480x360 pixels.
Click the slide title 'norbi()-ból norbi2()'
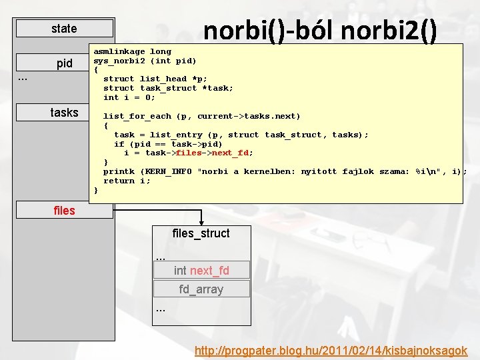pyautogui.click(x=320, y=31)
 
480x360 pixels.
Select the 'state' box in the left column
pyautogui.click(x=65, y=29)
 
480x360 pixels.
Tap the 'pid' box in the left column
pyautogui.click(x=65, y=63)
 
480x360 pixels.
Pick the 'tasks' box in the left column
pyautogui.click(x=65, y=113)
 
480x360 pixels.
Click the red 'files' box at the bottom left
pyautogui.click(x=65, y=211)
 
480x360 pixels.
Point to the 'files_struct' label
pyautogui.click(x=201, y=233)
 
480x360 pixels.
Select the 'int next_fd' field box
pyautogui.click(x=201, y=270)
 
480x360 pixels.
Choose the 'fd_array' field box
pyautogui.click(x=201, y=289)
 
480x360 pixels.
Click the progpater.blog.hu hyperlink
pyautogui.click(x=331, y=350)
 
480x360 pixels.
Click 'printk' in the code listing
pyautogui.click(x=119, y=171)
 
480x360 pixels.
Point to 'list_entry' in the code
pyautogui.click(x=176, y=134)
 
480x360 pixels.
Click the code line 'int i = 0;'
pyautogui.click(x=129, y=97)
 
